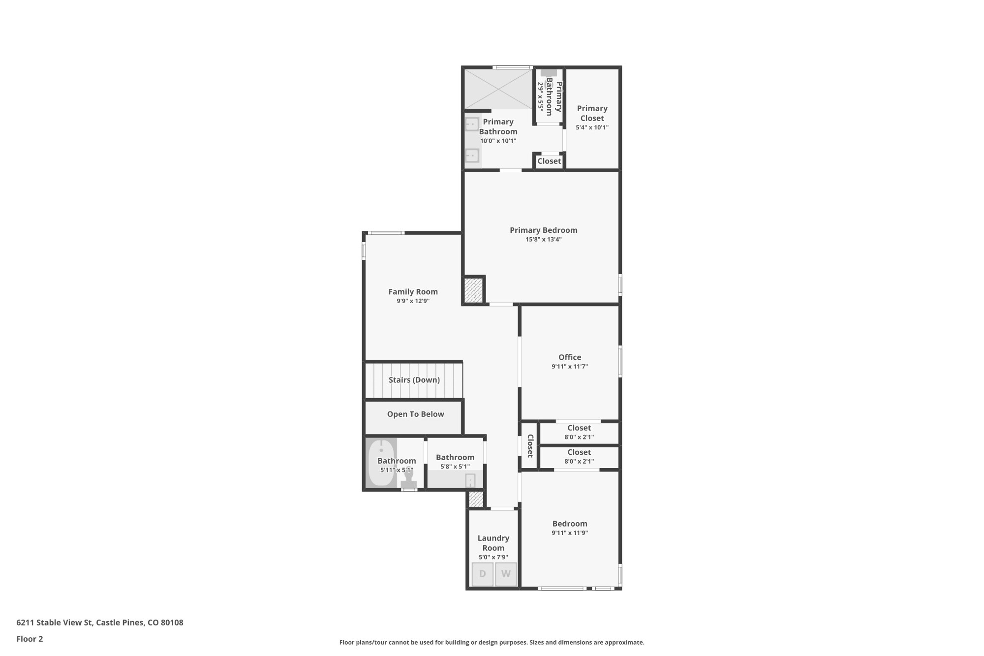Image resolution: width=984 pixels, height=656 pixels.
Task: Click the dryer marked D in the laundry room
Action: click(x=482, y=574)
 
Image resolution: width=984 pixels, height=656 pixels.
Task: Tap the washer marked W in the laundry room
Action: click(x=506, y=574)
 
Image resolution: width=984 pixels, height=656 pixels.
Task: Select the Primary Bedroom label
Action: click(x=543, y=230)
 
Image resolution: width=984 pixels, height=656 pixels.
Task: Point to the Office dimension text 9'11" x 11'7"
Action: click(x=569, y=367)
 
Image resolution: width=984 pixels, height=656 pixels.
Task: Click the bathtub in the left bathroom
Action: click(x=381, y=463)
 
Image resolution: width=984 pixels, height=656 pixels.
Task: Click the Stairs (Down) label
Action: click(x=414, y=380)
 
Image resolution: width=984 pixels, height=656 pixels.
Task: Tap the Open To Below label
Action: click(x=415, y=414)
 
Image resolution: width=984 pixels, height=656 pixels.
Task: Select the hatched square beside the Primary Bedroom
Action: click(x=473, y=290)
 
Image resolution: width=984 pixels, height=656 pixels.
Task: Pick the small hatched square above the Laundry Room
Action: click(x=476, y=499)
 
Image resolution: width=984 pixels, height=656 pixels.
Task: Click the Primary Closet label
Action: click(x=592, y=113)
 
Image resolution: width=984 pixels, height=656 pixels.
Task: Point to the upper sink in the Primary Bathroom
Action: click(x=472, y=124)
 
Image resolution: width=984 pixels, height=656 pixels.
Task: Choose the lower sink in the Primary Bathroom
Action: click(x=472, y=156)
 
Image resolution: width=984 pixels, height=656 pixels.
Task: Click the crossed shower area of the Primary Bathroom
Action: click(x=498, y=89)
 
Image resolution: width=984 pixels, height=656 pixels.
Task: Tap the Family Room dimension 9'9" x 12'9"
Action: click(x=413, y=301)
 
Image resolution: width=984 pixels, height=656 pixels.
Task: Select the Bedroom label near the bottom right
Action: click(x=569, y=524)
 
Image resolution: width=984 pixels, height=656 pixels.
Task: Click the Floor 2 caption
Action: click(x=30, y=639)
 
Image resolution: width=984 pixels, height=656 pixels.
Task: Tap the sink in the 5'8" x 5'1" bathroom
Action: click(x=470, y=480)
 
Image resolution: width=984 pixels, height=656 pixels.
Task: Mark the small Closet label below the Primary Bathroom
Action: click(x=549, y=161)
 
